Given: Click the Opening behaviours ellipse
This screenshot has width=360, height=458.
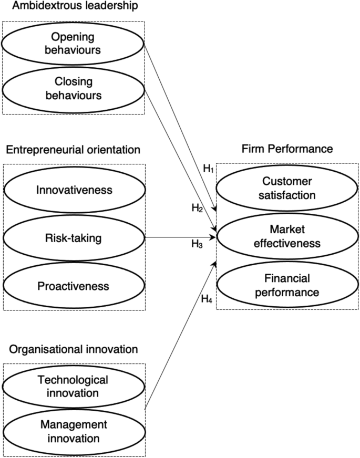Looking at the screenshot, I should (73, 43).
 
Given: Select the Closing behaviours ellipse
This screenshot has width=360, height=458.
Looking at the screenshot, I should (73, 88).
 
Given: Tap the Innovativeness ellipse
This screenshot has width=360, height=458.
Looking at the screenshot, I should (74, 190).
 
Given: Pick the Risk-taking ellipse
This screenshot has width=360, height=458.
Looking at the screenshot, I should (74, 238).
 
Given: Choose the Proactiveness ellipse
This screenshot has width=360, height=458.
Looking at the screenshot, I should (74, 286).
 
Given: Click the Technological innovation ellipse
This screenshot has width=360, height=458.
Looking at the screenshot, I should (73, 386).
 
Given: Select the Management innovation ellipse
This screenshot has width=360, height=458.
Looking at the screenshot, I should (73, 431).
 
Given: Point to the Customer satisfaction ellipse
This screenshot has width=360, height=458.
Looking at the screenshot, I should (287, 188).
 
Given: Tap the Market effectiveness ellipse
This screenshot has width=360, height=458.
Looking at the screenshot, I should (287, 236).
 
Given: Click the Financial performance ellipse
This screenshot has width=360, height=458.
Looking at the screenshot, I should (287, 284).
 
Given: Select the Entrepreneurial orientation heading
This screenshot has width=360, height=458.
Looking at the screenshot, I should (73, 150).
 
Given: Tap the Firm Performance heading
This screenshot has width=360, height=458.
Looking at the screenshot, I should (287, 149).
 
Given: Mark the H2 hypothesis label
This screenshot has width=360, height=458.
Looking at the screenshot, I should (197, 208).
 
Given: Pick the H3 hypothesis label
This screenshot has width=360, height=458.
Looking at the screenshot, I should (197, 244).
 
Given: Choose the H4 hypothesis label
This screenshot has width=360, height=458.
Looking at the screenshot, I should (207, 300).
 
